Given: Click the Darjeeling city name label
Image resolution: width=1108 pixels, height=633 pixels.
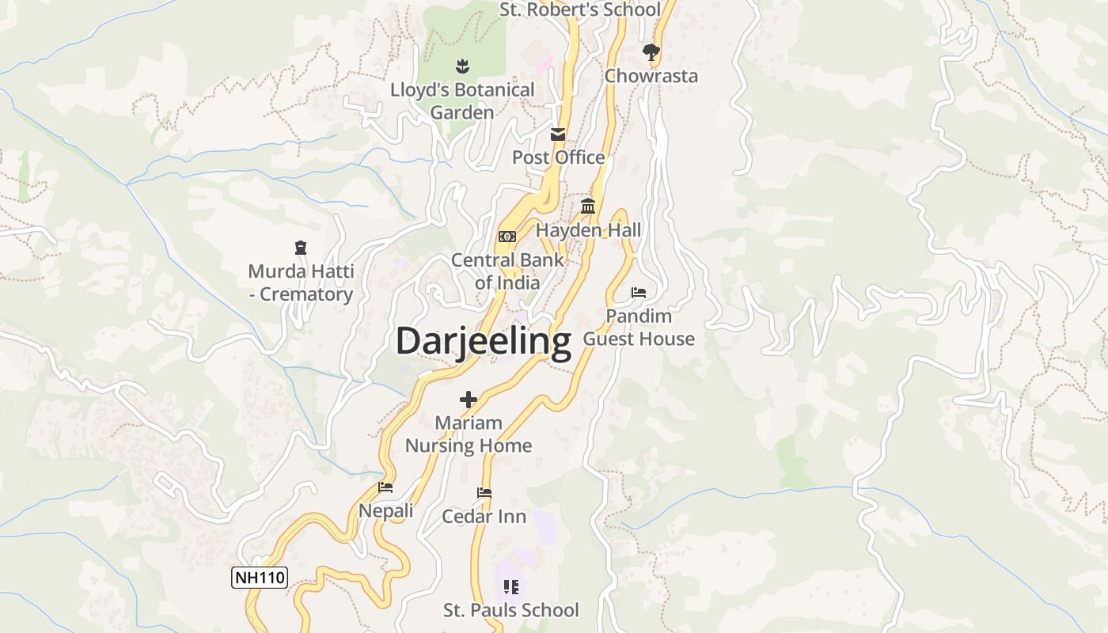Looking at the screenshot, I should [483, 342].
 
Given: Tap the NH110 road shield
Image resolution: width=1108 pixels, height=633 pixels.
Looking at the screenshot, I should [259, 578].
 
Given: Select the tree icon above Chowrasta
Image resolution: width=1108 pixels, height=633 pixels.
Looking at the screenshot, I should [651, 52].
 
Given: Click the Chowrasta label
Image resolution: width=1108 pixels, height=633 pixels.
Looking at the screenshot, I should [651, 76].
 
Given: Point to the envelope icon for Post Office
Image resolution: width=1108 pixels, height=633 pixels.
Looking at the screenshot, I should [558, 134].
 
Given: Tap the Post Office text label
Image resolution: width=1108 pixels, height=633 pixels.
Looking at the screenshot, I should [558, 157].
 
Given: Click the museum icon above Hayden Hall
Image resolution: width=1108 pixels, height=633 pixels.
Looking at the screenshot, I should [588, 207].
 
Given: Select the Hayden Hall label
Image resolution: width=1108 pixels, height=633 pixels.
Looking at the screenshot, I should [588, 230].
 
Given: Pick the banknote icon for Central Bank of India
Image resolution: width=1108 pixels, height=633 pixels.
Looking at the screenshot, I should [507, 236].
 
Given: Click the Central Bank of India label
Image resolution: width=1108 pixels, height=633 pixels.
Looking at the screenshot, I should [507, 271].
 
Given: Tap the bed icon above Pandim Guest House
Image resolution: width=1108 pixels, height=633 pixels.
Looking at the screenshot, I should [639, 293].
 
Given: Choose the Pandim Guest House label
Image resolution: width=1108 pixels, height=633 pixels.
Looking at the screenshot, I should [639, 328].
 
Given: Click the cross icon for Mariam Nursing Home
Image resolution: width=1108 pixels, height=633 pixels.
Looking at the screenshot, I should [469, 400].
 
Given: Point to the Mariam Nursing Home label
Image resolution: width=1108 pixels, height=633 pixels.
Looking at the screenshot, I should [469, 434].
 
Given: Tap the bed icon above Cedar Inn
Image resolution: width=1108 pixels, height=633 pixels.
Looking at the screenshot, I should [484, 493].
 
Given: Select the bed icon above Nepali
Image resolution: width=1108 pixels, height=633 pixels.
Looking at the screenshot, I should [385, 487].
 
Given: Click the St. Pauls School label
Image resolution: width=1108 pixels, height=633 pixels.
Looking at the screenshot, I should [510, 610].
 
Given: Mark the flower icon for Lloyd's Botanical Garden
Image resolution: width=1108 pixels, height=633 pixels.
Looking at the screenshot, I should [462, 66].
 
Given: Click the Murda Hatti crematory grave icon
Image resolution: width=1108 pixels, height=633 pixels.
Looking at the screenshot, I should [300, 248].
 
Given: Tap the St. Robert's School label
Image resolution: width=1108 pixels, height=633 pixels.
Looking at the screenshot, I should [579, 9].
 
